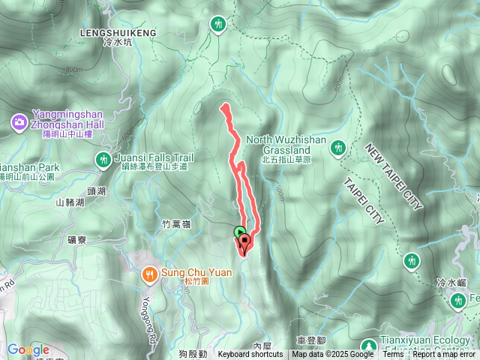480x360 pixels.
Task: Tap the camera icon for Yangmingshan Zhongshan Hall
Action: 19,121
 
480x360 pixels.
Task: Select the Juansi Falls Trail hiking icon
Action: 103,159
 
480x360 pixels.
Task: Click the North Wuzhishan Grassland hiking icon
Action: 337,148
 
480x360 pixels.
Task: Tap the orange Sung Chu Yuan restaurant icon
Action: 148,274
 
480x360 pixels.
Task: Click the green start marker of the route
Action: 239,232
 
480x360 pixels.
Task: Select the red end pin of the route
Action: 244,243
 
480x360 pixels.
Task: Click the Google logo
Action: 28,349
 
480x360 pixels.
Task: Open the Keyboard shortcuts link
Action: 250,355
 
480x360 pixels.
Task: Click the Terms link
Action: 393,355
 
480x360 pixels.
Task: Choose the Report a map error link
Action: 445,355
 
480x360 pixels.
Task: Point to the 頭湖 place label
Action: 97,191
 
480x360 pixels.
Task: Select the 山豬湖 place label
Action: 71,202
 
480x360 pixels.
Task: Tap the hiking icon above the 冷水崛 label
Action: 410,261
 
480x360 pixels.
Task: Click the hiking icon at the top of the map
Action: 218,25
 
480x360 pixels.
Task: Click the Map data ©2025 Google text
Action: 333,355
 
